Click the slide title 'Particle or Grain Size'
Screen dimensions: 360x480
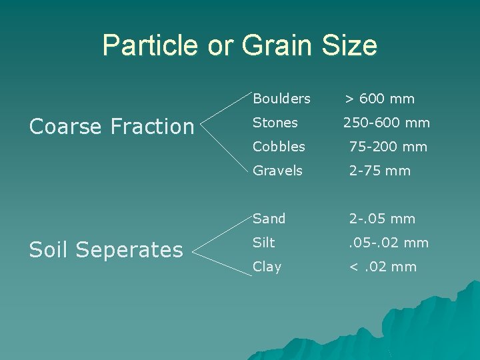(x=240, y=45)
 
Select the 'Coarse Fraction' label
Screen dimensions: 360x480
(x=112, y=126)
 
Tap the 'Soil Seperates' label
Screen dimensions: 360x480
(x=107, y=250)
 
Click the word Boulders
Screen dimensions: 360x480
(x=281, y=99)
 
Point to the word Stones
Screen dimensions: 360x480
(x=275, y=123)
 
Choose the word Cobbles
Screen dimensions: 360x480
(x=279, y=147)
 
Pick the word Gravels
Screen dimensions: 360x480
(x=277, y=171)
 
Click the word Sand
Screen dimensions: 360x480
(x=269, y=219)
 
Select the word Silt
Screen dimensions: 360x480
(x=263, y=243)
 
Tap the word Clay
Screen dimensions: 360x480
(x=267, y=267)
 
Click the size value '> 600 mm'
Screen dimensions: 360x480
(x=379, y=99)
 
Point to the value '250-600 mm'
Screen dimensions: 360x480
(x=387, y=123)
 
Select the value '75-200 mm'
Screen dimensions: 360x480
(x=389, y=147)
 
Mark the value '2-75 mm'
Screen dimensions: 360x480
(x=380, y=171)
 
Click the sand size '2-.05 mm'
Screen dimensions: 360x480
(x=383, y=219)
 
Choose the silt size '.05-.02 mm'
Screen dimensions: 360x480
(x=389, y=243)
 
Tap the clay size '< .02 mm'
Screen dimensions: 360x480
(x=383, y=267)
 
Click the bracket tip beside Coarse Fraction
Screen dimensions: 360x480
(x=201, y=126)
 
